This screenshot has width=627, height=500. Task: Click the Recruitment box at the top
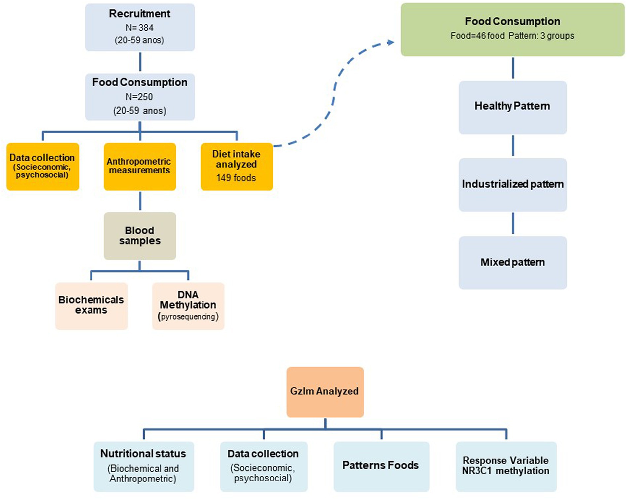point(140,27)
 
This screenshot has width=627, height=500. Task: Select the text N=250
point(139,97)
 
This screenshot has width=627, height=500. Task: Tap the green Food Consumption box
point(512,29)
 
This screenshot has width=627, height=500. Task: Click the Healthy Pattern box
point(513,107)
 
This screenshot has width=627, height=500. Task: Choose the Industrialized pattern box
point(513,185)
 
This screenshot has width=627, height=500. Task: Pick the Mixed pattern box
point(513,263)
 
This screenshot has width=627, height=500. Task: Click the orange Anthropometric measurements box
point(140,167)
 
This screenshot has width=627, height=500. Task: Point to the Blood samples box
point(140,236)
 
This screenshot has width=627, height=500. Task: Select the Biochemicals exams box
point(92,306)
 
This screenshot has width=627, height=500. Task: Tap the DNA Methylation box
point(188,306)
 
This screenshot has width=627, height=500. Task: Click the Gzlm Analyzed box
point(325,392)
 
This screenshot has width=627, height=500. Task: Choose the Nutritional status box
point(144,467)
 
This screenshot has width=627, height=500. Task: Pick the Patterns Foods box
point(382,467)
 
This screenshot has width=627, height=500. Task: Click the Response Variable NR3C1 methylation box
point(506,467)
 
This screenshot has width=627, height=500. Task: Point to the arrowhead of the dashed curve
point(391,42)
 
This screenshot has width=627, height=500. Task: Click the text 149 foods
point(236,178)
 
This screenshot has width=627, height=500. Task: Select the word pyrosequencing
point(188,317)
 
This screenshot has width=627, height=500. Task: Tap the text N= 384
point(139,28)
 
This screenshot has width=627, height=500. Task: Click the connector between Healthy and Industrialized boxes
point(513,146)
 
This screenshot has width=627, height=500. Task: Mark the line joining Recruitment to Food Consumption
point(140,62)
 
